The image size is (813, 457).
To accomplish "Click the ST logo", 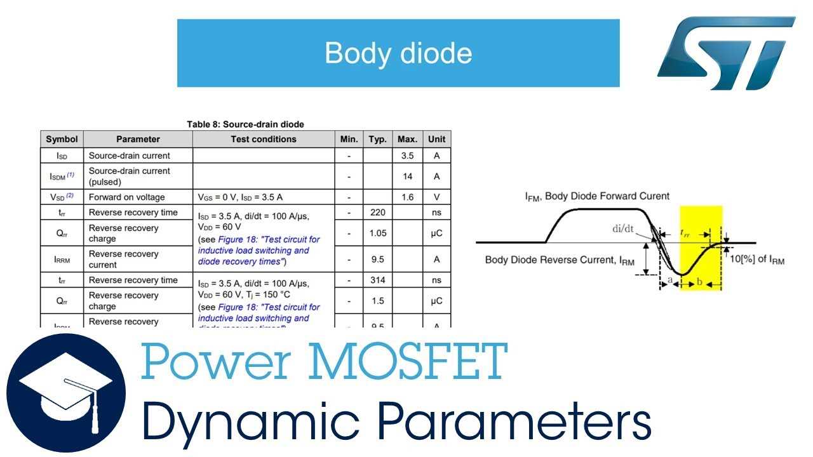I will tap(725, 53).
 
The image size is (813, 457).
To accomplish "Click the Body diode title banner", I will tap(398, 53).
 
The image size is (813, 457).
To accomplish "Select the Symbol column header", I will tap(62, 139).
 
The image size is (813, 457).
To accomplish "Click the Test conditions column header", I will tap(264, 139).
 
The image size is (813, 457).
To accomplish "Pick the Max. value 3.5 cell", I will tap(407, 156).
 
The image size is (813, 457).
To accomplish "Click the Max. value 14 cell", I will tap(407, 176).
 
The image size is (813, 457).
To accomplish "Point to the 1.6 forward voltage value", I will tap(407, 197).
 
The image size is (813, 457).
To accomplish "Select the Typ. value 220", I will tap(377, 213).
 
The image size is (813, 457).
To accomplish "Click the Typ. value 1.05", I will tap(377, 233).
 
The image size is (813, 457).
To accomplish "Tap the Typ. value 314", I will tap(377, 280).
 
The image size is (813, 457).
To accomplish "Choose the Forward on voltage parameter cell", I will tap(126, 197).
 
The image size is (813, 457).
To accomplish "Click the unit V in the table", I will tap(436, 197).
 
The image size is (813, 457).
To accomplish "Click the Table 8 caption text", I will tap(245, 124).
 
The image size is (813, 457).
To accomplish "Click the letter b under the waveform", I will tap(699, 282).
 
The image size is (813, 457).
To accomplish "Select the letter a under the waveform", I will tap(670, 280).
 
